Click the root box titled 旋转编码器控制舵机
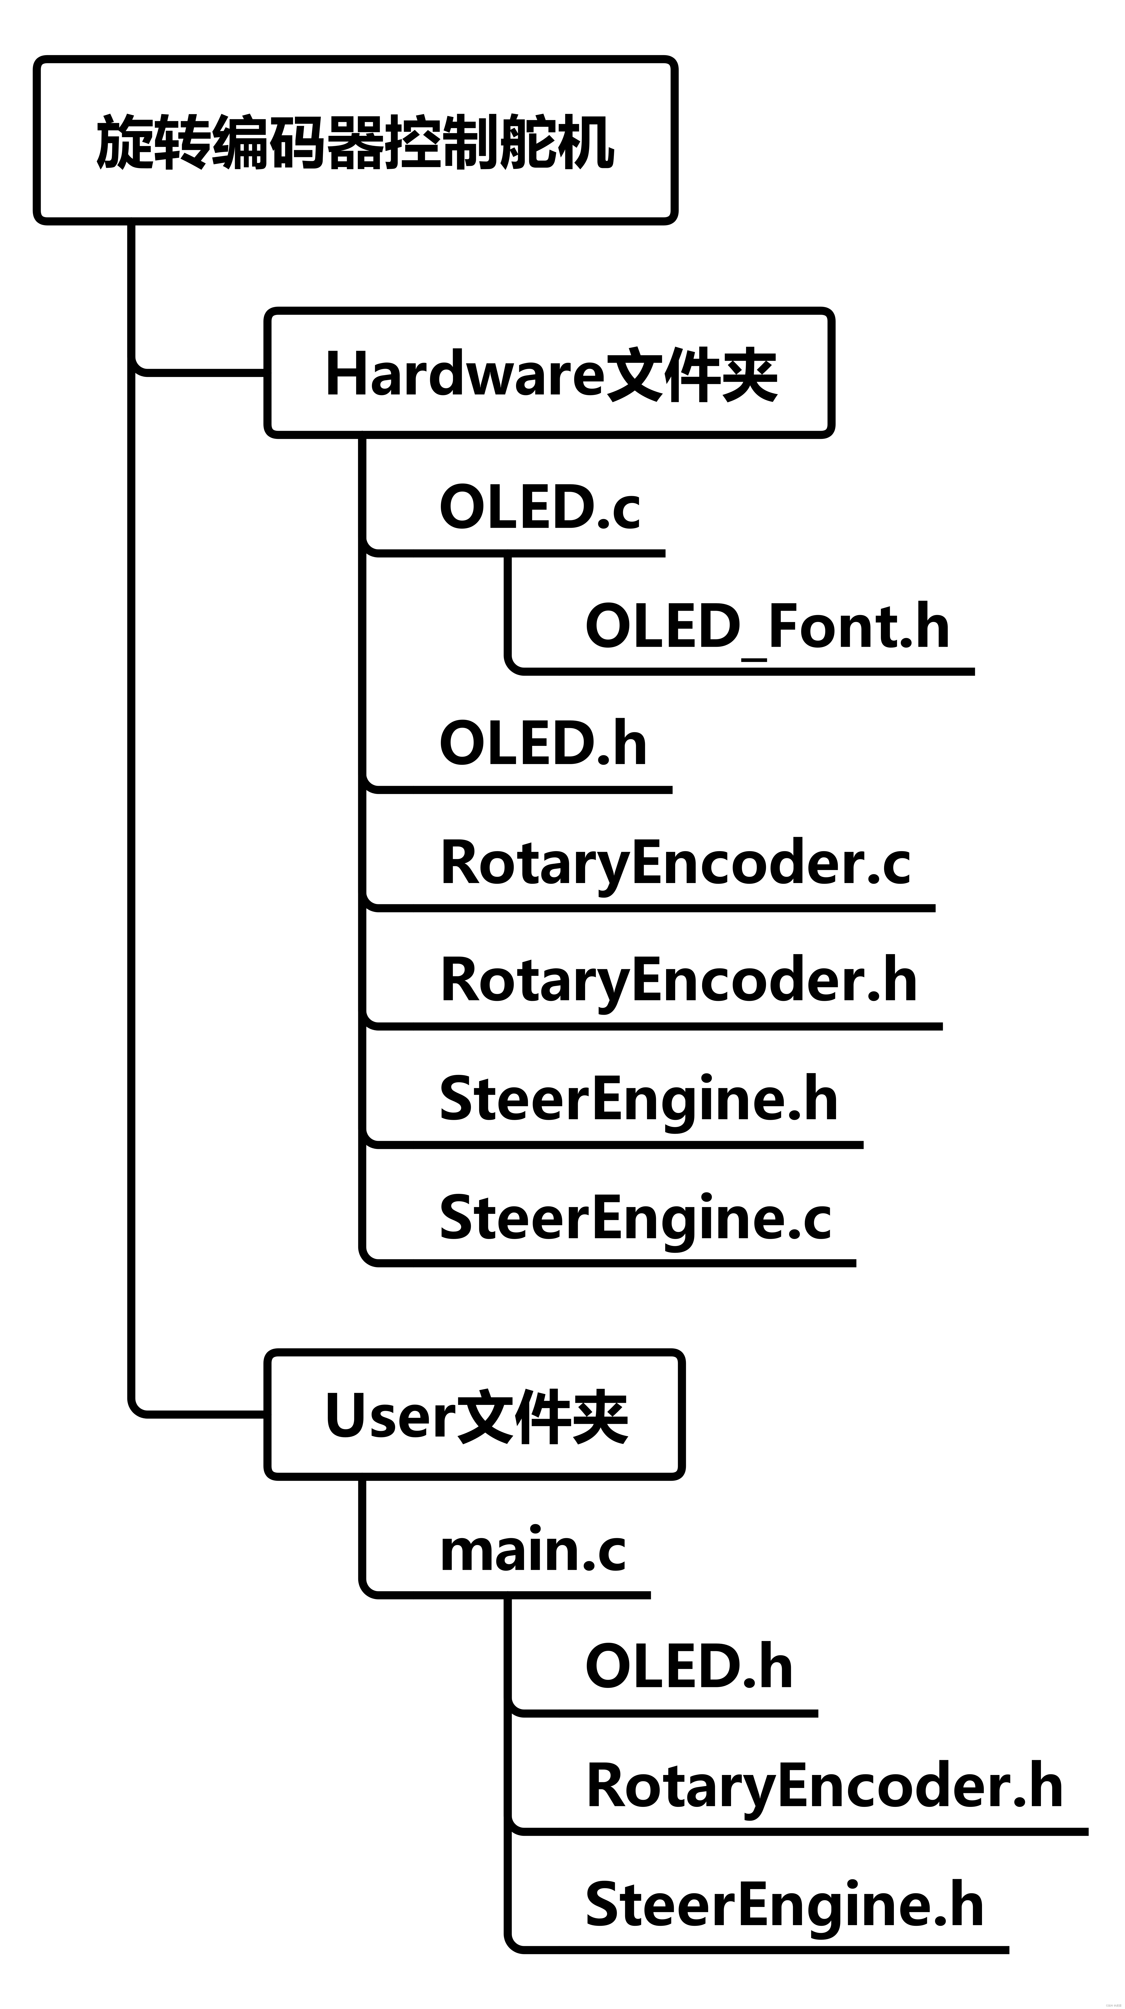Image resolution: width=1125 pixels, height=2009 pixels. pos(355,140)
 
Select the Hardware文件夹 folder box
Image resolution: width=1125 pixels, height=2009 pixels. pos(550,373)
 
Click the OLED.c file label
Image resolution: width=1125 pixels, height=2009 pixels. pos(539,507)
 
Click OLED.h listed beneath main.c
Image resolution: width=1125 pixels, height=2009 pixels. pos(689,1666)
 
